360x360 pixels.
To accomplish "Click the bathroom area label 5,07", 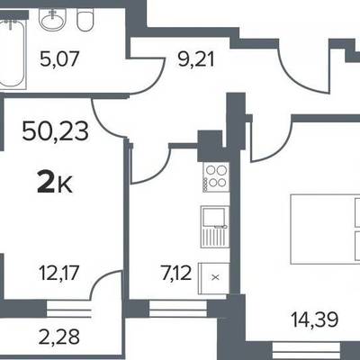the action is point(59,58).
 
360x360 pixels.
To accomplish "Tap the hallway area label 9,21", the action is point(196,58).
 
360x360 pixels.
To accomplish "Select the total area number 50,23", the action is point(56,131).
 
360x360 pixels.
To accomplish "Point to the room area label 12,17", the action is point(59,273).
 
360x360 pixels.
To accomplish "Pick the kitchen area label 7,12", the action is point(176,273).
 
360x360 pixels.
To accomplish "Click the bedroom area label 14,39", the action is point(315,319).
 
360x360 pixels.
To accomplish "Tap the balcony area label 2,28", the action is point(59,337).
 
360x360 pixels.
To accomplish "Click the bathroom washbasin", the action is point(53,19).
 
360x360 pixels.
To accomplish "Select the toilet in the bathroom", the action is point(85,19).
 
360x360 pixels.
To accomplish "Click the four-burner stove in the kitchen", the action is point(216,177).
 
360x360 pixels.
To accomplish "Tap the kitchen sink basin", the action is point(213,217).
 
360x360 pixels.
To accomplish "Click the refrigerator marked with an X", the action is point(213,278).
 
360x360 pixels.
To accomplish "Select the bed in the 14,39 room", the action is point(325,229).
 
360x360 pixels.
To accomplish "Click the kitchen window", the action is point(178,309).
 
